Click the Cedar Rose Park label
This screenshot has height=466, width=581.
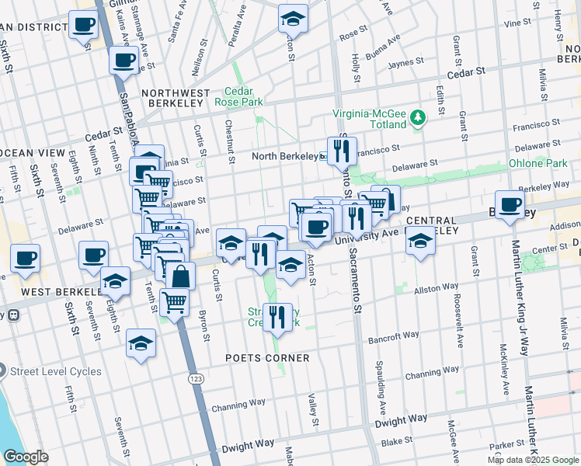[245, 96]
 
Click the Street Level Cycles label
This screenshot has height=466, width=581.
[57, 371]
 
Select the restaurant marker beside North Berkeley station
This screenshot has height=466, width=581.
[342, 150]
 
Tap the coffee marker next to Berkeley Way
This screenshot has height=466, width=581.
[510, 205]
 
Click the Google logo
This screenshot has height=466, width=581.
[26, 456]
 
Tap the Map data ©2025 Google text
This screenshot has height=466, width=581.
[532, 460]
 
